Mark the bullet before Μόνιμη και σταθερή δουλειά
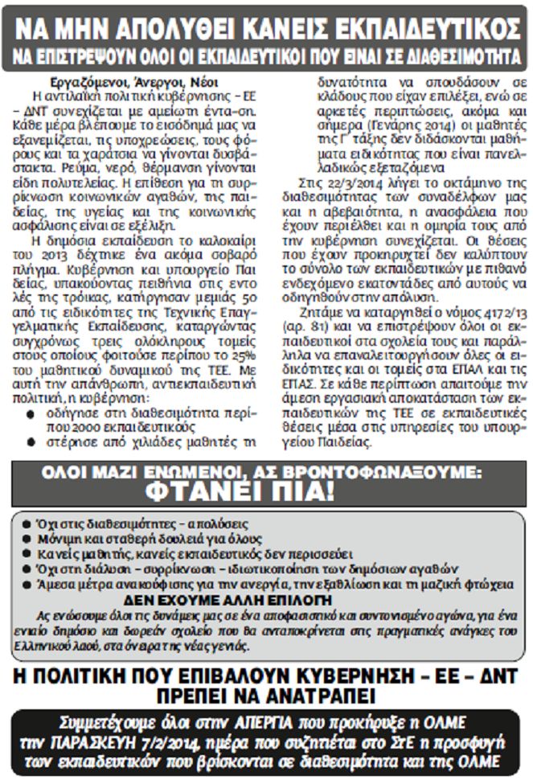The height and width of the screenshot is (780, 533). pyautogui.click(x=30, y=538)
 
